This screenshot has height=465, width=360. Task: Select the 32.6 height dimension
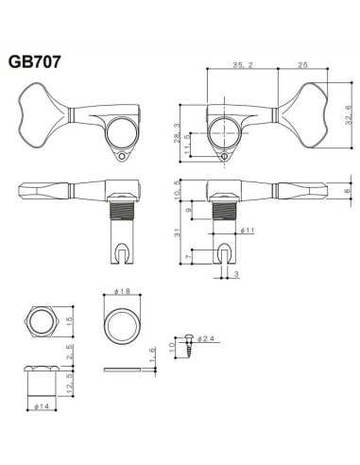348,121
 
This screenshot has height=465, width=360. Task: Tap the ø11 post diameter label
249,230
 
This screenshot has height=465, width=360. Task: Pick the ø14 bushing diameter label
44,407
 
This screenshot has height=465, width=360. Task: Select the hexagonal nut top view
44,323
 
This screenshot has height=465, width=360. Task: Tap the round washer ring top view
120,324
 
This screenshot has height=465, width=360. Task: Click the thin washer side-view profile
120,371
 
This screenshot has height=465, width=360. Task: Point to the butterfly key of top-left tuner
43,109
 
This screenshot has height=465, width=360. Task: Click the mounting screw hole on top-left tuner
121,158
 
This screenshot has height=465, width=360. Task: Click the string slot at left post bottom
122,251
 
